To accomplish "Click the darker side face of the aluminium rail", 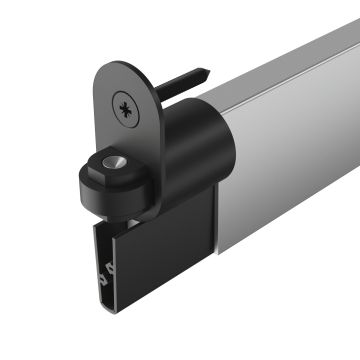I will (290, 150).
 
